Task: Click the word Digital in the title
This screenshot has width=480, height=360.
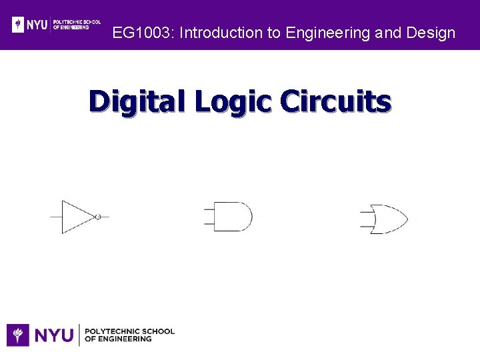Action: coord(137,102)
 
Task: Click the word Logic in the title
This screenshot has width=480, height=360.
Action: coord(232,102)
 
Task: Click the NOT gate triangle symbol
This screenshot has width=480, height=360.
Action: coord(77,217)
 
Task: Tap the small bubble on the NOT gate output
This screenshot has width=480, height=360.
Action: coord(98,217)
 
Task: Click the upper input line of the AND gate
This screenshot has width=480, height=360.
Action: coord(209,209)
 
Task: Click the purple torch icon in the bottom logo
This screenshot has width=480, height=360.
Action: coord(18,335)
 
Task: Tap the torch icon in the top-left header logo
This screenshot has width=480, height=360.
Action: coord(19,25)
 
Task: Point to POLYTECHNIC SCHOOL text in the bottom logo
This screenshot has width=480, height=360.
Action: coord(131,331)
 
